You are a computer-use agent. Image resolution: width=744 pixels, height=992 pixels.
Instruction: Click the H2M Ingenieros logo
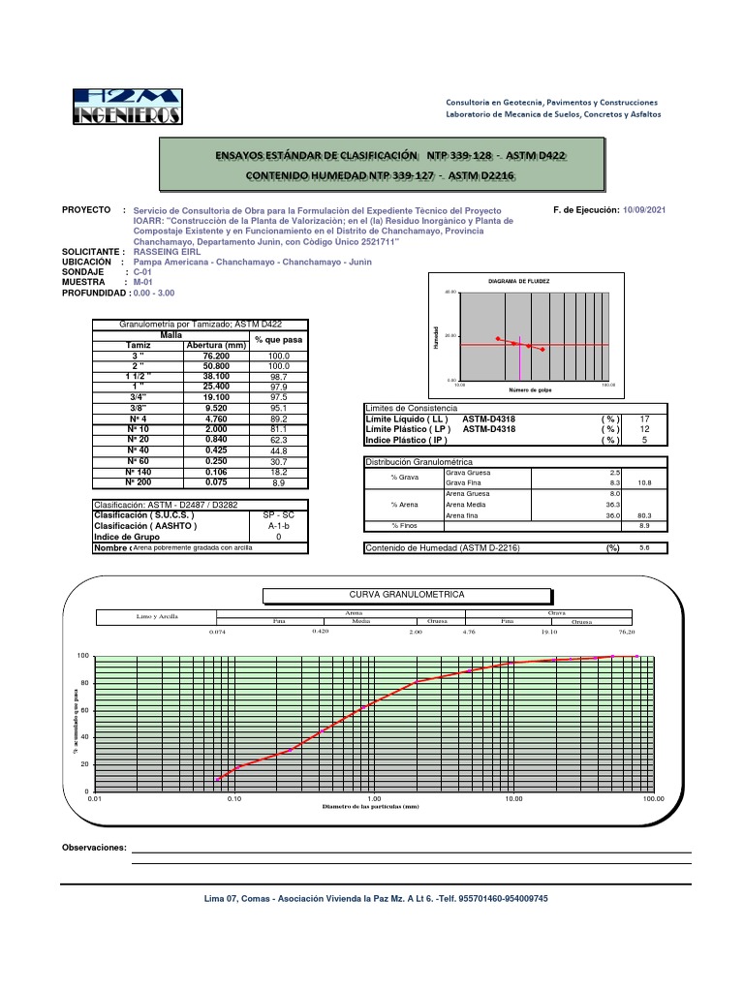click(x=127, y=107)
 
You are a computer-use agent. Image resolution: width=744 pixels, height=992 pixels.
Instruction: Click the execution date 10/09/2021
click(x=644, y=210)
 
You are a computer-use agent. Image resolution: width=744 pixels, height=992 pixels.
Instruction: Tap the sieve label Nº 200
click(x=139, y=481)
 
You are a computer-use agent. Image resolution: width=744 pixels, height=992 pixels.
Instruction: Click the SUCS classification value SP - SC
click(x=279, y=515)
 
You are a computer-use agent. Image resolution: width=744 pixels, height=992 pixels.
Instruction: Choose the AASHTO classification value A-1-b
click(x=279, y=526)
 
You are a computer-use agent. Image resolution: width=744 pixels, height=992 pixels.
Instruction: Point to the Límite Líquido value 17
click(x=645, y=419)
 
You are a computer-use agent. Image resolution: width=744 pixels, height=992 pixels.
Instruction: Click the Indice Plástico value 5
click(x=645, y=441)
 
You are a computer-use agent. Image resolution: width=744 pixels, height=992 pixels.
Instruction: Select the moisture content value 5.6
click(x=645, y=548)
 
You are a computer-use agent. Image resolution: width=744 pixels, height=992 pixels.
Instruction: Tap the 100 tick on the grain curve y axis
click(x=83, y=657)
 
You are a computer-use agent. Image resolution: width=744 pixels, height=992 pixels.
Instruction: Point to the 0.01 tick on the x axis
click(x=94, y=799)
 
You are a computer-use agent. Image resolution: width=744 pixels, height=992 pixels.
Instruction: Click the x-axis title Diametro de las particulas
click(x=372, y=807)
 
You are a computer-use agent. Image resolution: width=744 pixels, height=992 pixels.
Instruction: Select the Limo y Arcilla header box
click(x=155, y=616)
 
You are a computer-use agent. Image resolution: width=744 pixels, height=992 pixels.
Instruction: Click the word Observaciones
click(x=94, y=848)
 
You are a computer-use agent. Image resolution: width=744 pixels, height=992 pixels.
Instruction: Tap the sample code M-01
click(x=144, y=282)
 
